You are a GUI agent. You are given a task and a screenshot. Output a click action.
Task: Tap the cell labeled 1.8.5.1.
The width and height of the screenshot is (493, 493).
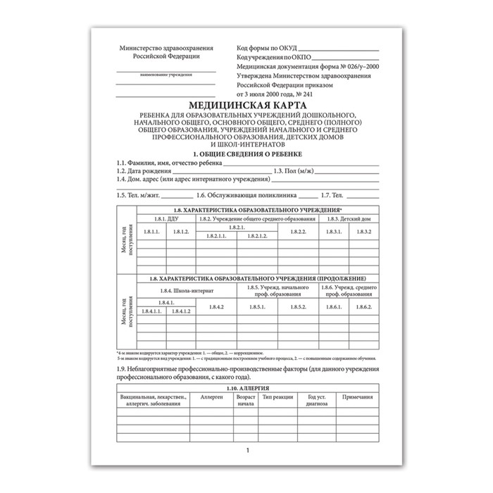257,306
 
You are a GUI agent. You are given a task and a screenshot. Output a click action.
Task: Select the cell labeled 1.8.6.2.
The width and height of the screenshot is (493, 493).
364,306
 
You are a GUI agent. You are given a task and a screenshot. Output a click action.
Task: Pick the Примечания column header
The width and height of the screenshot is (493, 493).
356,399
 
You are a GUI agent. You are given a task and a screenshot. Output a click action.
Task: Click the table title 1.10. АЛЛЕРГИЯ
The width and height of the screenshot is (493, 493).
246,389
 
